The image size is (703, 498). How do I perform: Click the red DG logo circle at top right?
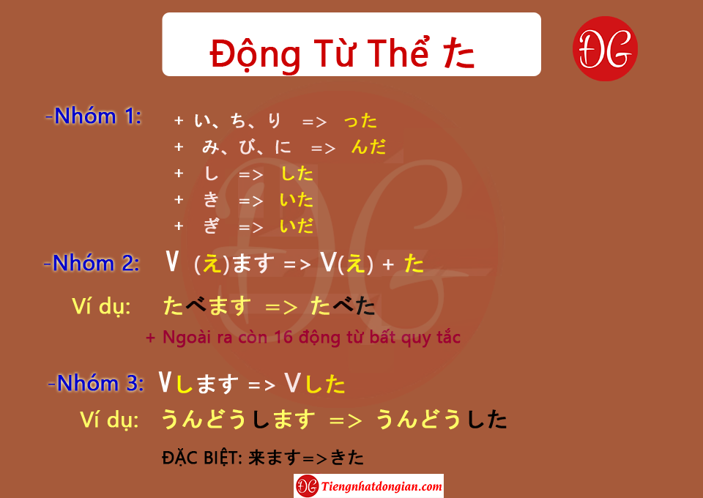[x=605, y=48]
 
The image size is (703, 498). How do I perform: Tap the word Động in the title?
[x=255, y=54]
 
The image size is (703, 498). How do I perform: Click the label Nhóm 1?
[x=94, y=116]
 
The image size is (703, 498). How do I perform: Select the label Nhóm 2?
[x=92, y=263]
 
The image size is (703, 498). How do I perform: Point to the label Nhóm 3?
[x=96, y=383]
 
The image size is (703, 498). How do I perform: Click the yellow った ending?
[x=360, y=121]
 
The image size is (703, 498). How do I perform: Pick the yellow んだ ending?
[x=368, y=146]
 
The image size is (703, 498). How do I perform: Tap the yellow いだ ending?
[x=296, y=226]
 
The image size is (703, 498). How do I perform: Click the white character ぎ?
[x=211, y=226]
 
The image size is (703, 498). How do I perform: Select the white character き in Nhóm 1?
[x=211, y=199]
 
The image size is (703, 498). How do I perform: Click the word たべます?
[x=207, y=306]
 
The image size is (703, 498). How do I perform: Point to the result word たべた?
[x=343, y=306]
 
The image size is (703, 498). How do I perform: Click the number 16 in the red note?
[x=283, y=337]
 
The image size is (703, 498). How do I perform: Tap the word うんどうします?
[x=238, y=420]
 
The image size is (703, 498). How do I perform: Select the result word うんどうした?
[x=442, y=420]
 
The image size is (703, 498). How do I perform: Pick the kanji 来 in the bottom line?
[x=256, y=458]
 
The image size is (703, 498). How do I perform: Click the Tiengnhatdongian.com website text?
[x=382, y=486]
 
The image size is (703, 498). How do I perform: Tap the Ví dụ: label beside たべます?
[x=101, y=307]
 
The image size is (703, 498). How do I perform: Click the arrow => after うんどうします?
[x=345, y=420]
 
